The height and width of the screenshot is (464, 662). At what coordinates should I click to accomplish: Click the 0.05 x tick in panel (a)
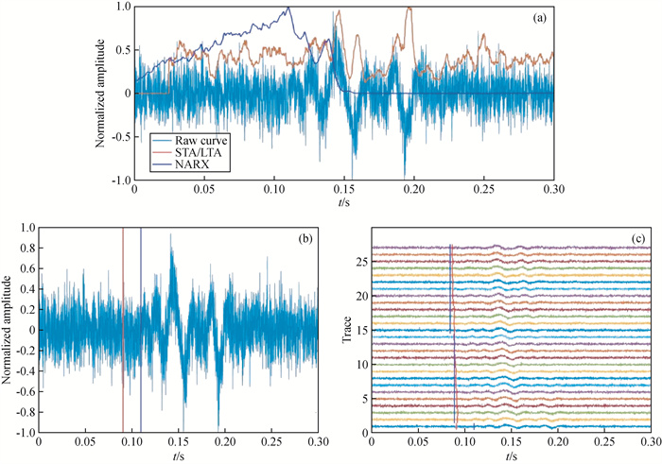[x=204, y=190]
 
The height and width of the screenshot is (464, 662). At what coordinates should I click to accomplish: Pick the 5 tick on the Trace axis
[x=363, y=399]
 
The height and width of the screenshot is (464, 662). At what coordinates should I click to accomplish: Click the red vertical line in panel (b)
[x=123, y=331]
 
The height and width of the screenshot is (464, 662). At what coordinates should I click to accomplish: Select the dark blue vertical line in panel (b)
[x=141, y=331]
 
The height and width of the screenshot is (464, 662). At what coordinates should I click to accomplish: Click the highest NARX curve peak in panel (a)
[x=288, y=8]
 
